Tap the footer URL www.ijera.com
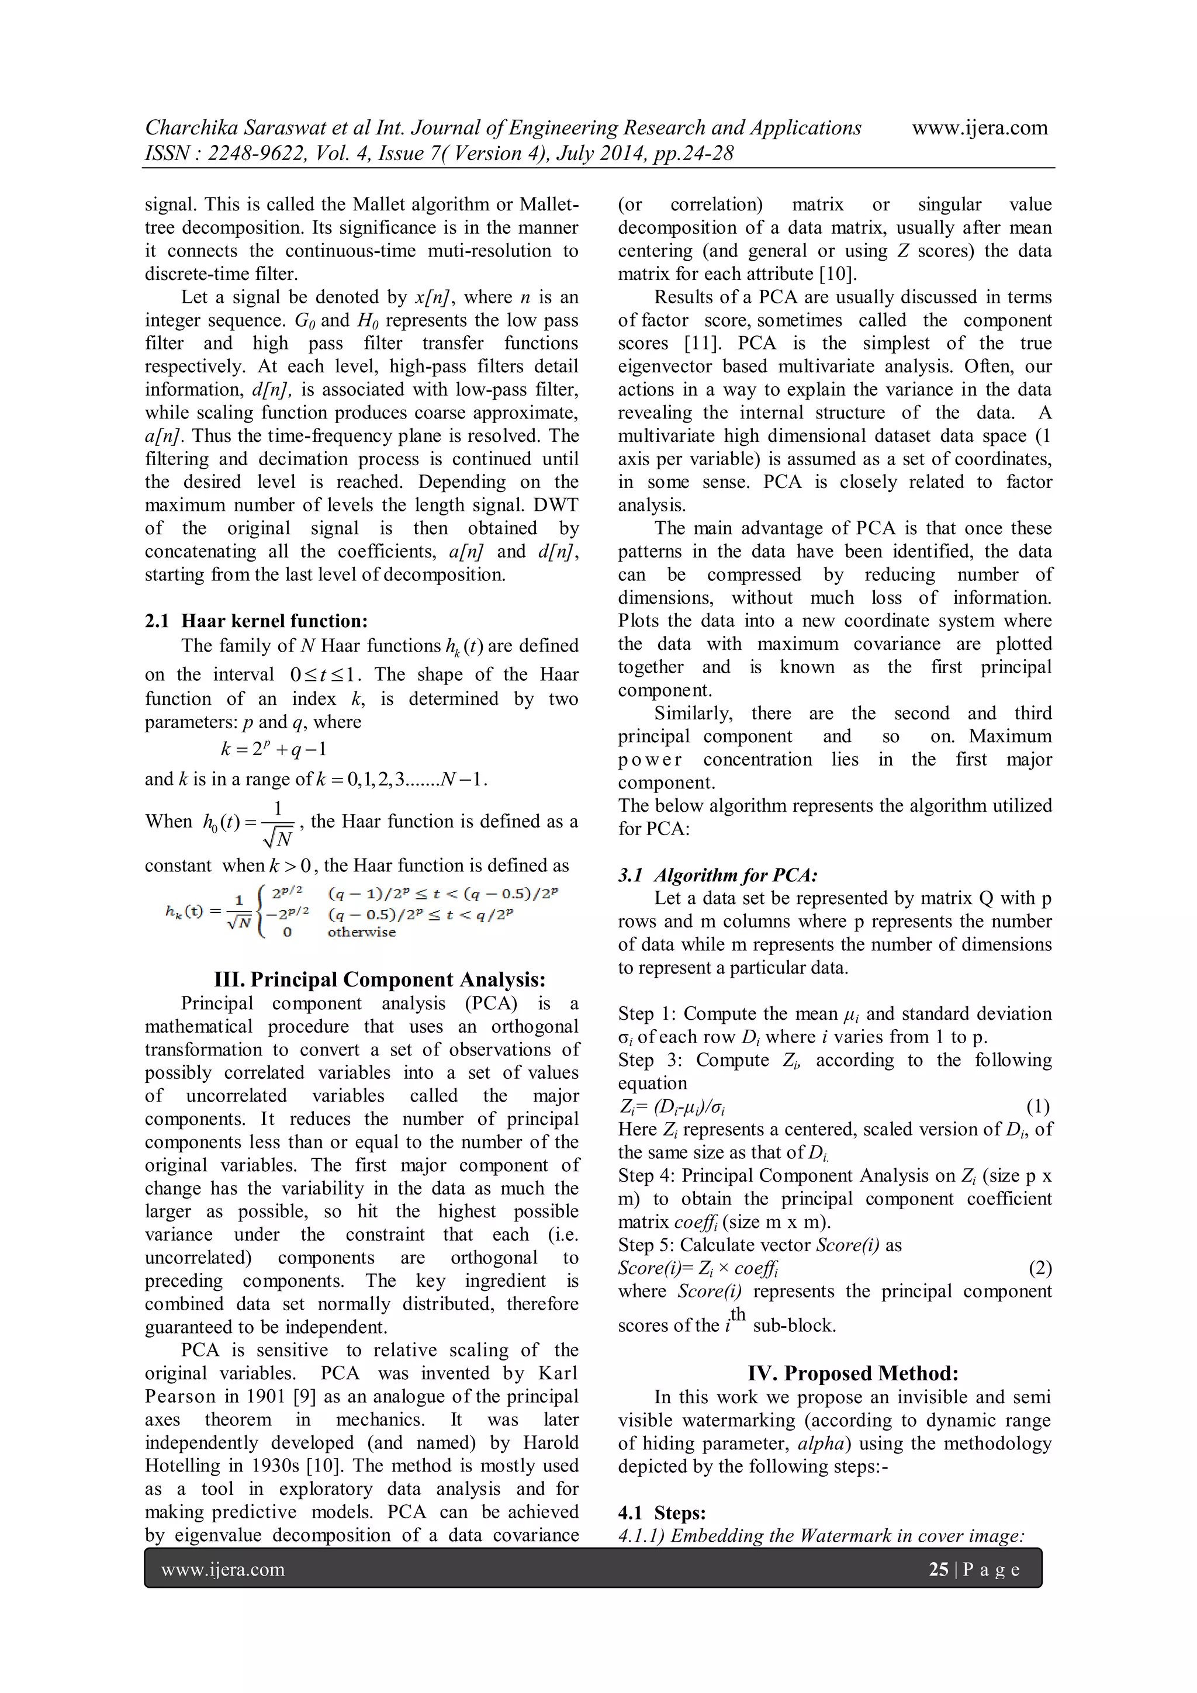tap(222, 1569)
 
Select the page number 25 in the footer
tap(938, 1569)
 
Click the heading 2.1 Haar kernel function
tap(256, 621)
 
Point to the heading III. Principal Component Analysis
tap(379, 979)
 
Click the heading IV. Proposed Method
tap(853, 1373)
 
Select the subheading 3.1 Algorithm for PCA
tap(717, 875)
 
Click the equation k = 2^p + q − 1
tap(274, 750)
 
